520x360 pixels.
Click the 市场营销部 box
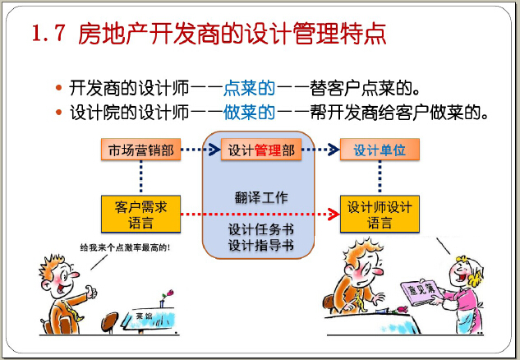click(141, 150)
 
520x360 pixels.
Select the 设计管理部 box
click(261, 150)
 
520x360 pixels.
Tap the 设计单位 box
click(380, 150)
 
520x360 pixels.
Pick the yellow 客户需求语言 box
click(141, 214)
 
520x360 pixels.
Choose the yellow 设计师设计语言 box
click(380, 214)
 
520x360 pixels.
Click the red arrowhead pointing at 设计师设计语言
click(334, 214)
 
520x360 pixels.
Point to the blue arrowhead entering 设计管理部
click(214, 150)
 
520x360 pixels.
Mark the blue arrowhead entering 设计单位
click(334, 150)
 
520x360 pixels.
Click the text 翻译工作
click(261, 198)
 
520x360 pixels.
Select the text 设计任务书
click(261, 229)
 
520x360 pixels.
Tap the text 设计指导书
click(261, 245)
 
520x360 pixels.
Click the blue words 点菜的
click(250, 88)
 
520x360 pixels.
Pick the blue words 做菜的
click(250, 112)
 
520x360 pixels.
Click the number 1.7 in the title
click(48, 34)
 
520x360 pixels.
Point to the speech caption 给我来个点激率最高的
click(125, 247)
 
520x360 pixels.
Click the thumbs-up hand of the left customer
click(90, 292)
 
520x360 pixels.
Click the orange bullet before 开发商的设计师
click(58, 88)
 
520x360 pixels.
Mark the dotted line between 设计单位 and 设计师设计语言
click(380, 178)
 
